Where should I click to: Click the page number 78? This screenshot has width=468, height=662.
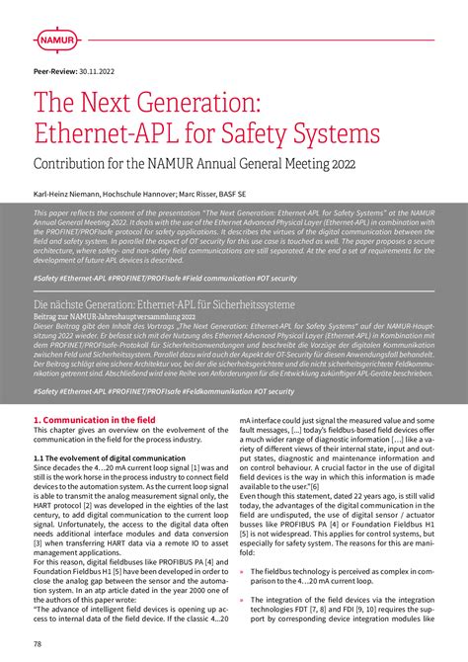point(38,643)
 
